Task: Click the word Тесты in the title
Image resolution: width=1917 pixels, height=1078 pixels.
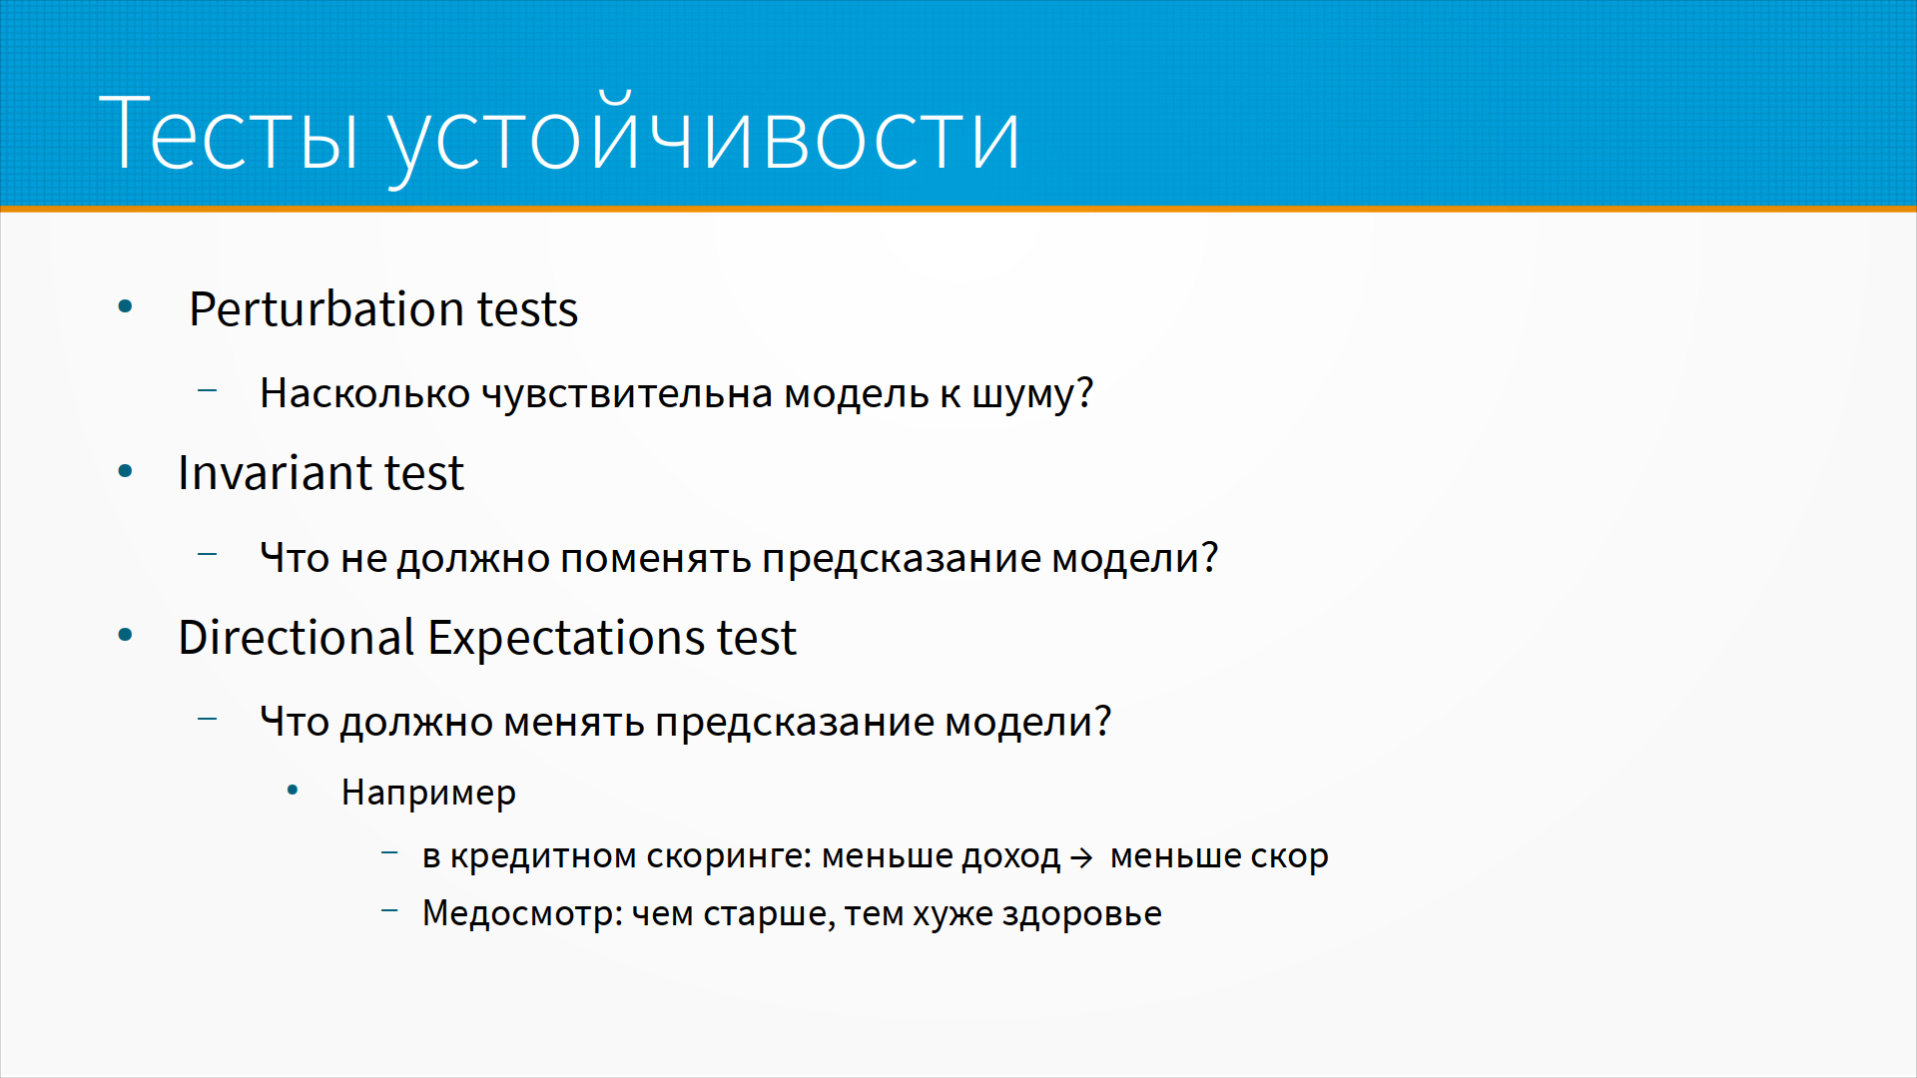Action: coord(229,133)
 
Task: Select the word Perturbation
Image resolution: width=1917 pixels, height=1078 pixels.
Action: coord(326,309)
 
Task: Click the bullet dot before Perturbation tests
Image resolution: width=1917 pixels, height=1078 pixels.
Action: coord(125,306)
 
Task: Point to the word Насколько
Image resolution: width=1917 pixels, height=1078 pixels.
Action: coord(364,393)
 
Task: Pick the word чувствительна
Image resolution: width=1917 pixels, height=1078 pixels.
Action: coord(628,394)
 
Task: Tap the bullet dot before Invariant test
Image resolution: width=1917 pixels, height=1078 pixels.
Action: coord(125,471)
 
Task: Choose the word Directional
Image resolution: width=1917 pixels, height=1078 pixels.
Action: coord(297,638)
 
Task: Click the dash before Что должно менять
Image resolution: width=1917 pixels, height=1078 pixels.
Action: coord(208,718)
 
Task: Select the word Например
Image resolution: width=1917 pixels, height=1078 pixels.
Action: coord(428,793)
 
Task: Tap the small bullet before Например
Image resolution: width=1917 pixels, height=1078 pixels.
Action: coord(293,791)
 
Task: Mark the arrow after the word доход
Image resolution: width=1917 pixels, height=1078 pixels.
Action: coord(1082,858)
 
